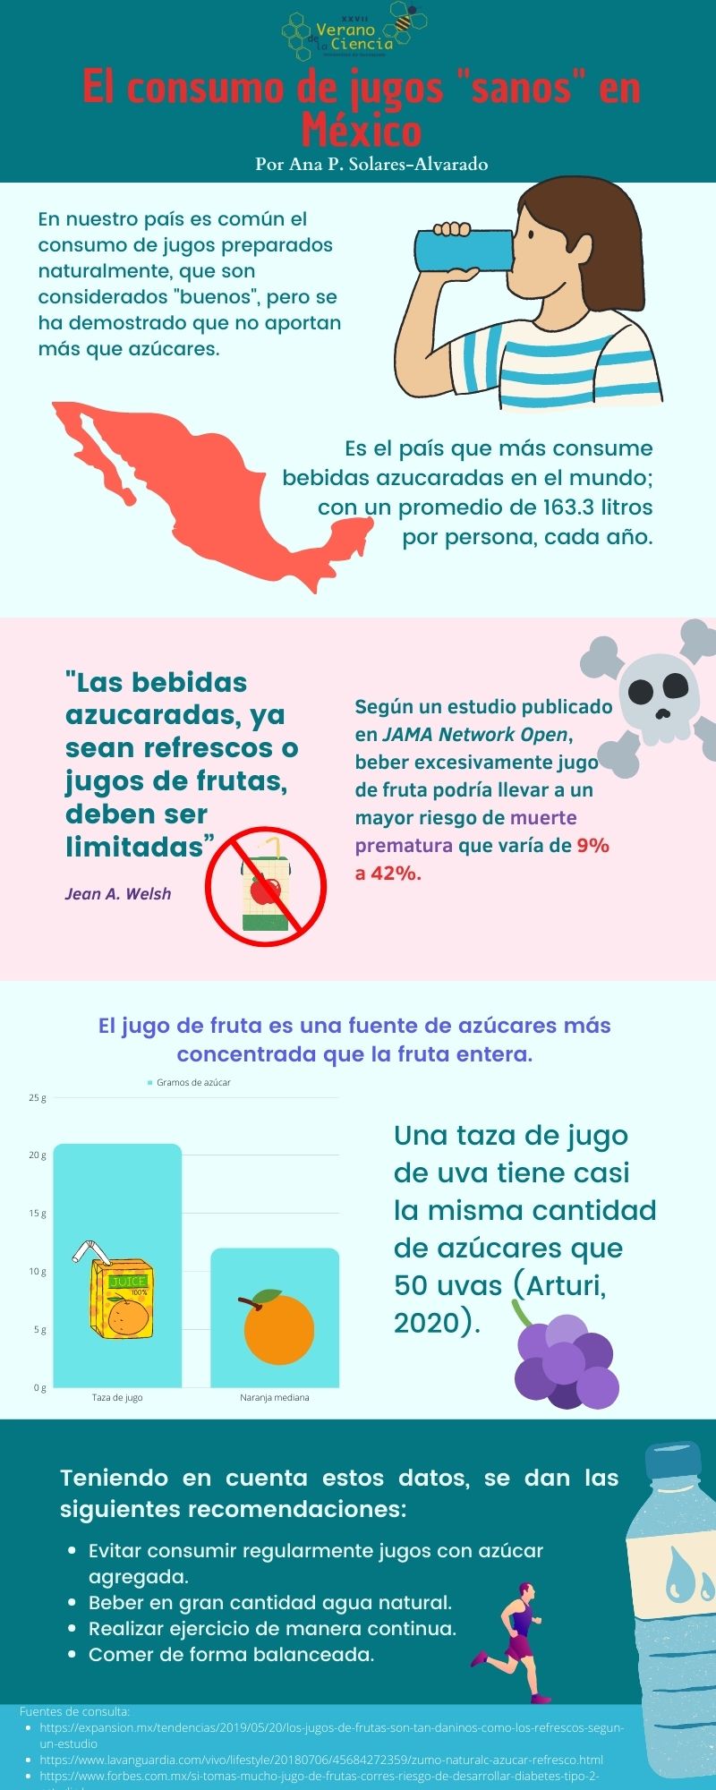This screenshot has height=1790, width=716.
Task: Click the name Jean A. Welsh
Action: tap(118, 894)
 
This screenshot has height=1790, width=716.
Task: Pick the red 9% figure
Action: tap(592, 846)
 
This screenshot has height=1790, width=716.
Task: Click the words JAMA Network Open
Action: tap(475, 735)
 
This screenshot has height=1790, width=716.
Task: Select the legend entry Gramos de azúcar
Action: tap(193, 1083)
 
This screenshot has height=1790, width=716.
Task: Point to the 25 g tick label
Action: tap(38, 1098)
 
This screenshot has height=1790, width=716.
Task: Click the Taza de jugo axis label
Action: tap(117, 1398)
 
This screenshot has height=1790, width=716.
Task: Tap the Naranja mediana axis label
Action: tap(275, 1398)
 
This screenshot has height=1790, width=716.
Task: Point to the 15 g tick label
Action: tap(38, 1214)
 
